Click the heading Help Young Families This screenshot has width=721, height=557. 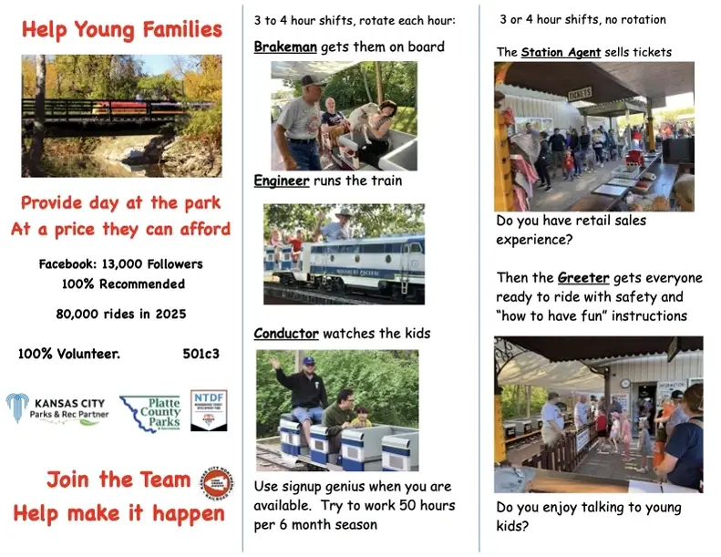[122, 30]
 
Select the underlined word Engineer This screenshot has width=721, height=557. [281, 181]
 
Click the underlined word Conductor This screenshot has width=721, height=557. [286, 334]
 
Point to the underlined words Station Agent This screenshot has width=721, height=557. [561, 52]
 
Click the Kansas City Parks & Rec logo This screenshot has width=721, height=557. [57, 407]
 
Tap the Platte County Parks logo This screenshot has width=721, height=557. [150, 412]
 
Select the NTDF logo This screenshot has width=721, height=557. [209, 409]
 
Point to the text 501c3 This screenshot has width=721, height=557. [201, 354]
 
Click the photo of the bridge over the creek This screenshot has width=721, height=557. [121, 116]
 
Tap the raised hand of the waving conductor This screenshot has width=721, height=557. [273, 363]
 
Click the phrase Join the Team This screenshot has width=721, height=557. [118, 480]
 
